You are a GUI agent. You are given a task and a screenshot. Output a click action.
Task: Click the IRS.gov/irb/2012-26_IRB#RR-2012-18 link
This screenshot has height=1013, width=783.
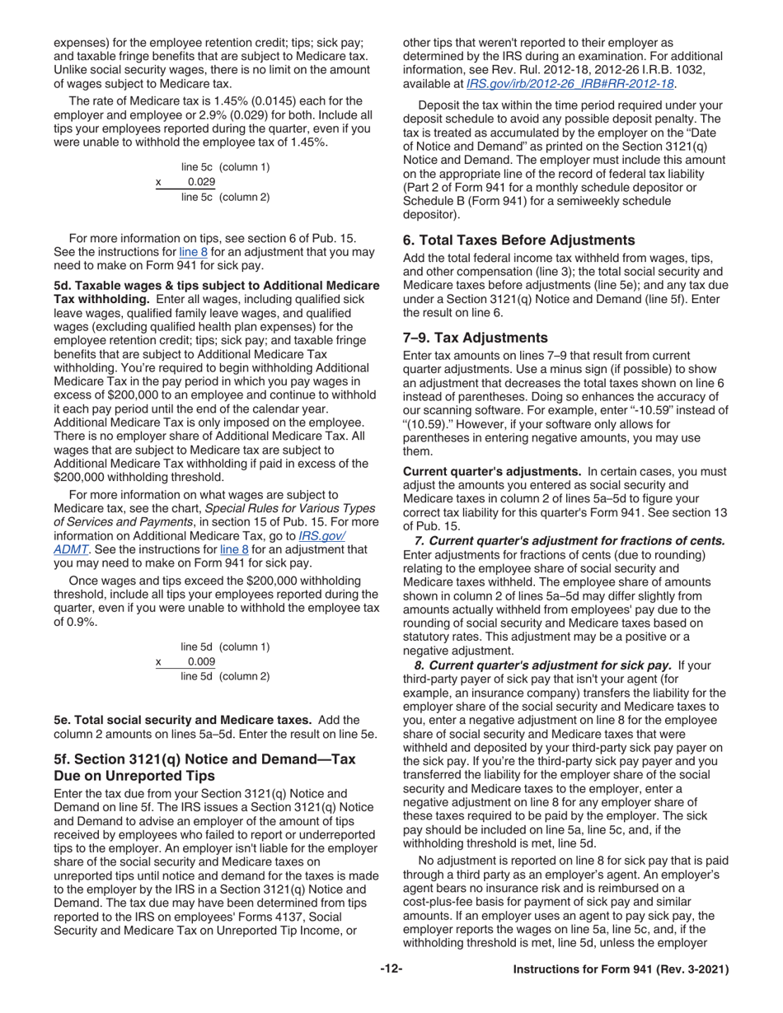570,83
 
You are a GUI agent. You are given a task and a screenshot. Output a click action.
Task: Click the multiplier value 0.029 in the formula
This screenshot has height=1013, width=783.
201,182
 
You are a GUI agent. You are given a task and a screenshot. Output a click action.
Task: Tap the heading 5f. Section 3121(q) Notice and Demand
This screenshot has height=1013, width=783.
204,768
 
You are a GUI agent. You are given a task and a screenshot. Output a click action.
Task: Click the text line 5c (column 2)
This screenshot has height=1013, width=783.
225,197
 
